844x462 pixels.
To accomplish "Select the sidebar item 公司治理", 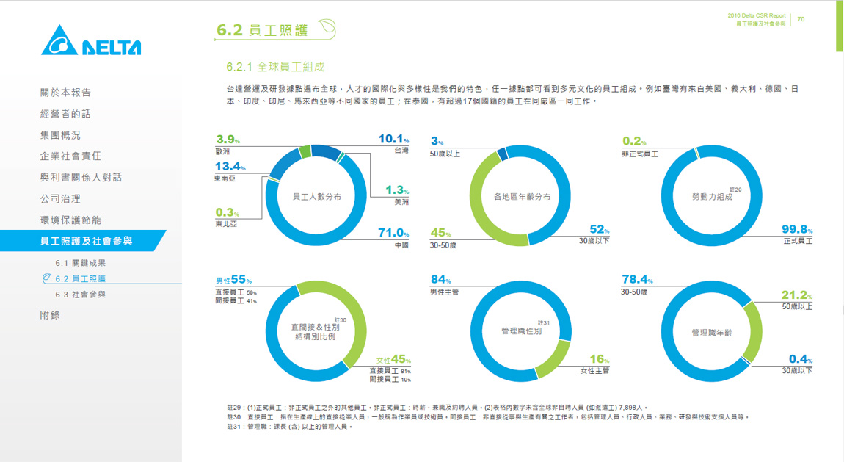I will (x=60, y=198).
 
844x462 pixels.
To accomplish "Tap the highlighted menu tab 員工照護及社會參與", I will (x=87, y=241).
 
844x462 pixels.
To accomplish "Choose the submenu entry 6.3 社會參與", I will (x=80, y=295).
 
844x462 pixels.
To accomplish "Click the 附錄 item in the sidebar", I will (x=50, y=315).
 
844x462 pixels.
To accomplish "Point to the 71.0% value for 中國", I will (x=393, y=233).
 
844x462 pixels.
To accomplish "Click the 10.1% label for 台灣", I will (x=393, y=139).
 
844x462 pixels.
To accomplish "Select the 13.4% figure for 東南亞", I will (x=230, y=167).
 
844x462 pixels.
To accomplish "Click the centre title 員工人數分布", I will (x=316, y=197).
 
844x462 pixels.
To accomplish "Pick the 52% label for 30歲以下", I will (x=598, y=230).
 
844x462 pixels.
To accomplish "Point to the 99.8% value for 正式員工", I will (x=796, y=230).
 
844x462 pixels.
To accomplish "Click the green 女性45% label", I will (x=393, y=360).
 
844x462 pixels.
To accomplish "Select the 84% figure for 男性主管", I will (x=440, y=280).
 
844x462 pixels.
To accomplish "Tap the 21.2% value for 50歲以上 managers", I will (x=796, y=295).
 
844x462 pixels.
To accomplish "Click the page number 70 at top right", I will (x=801, y=19).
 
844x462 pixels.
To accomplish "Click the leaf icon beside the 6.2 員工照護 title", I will (x=327, y=29).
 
